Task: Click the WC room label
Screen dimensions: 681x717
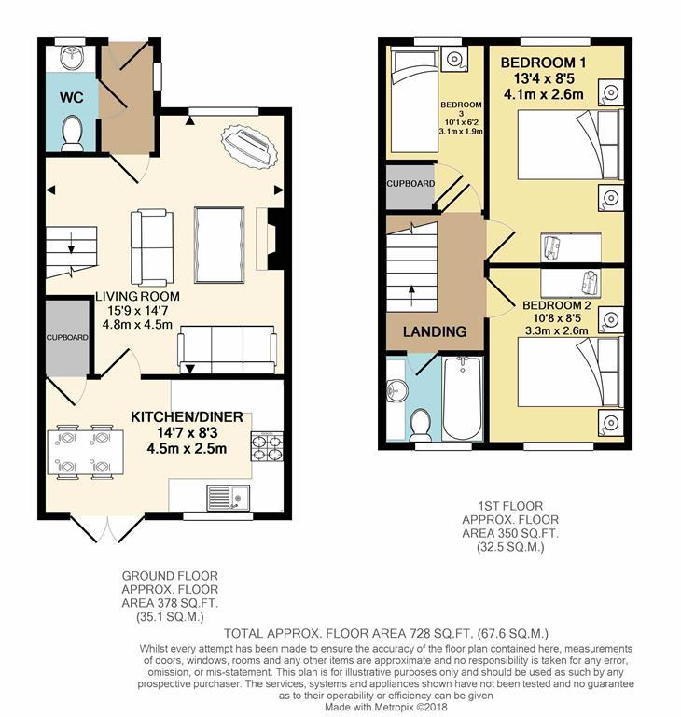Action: coord(71,97)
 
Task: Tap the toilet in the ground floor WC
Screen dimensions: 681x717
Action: coord(72,133)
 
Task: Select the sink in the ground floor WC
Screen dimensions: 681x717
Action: coord(72,57)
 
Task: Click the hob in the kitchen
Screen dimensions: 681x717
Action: coord(267,446)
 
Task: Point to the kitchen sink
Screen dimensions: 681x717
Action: coord(228,498)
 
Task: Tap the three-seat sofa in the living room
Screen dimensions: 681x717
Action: coord(228,349)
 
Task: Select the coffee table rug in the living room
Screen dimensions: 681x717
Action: coord(219,246)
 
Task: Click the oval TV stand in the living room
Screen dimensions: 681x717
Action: coord(249,147)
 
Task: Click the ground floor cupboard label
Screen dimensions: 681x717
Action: coord(67,337)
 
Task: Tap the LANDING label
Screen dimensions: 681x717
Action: coord(435,331)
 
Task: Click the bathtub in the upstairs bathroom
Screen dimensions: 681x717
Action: coord(462,398)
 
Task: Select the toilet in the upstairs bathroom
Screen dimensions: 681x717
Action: coord(420,425)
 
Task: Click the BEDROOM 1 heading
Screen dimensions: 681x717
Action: coord(543,63)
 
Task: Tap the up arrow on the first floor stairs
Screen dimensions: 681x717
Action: coord(412,295)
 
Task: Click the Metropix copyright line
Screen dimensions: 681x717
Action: coord(386,707)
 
